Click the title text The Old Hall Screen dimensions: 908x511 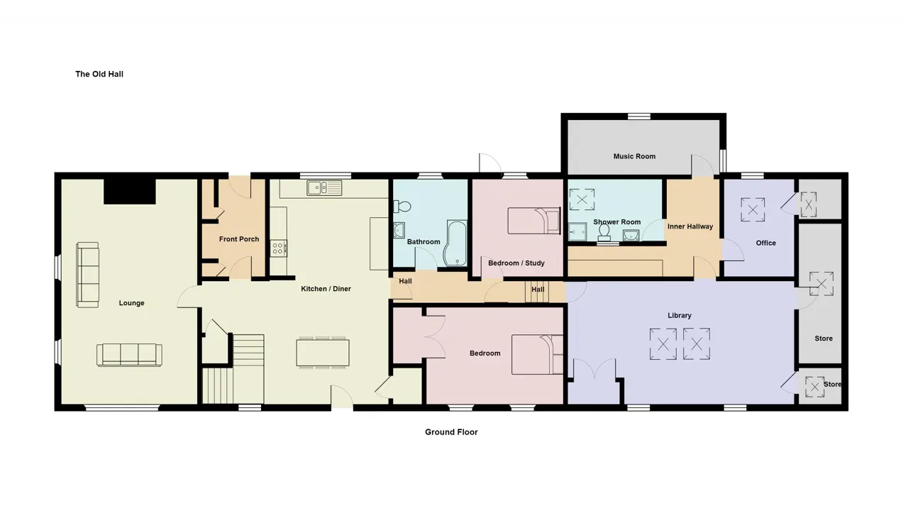pos(99,74)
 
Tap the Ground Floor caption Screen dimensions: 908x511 pos(451,432)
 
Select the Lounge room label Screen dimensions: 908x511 pos(131,303)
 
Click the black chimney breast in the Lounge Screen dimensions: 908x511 pos(130,191)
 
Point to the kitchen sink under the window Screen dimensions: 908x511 pos(324,188)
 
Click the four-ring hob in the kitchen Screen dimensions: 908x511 pos(279,248)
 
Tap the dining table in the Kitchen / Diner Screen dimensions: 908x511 pos(323,353)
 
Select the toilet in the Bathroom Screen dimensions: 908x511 pos(402,207)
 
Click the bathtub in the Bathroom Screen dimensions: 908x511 pos(455,243)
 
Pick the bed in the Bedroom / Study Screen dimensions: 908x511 pos(534,221)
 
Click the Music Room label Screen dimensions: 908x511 pos(634,156)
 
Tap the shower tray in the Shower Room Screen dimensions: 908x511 pos(577,231)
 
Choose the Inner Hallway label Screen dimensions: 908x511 pos(690,226)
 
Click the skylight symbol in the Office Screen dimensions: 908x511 pos(753,209)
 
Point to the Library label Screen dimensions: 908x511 pos(680,315)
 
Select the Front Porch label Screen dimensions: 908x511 pos(239,239)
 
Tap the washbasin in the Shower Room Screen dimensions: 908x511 pos(631,235)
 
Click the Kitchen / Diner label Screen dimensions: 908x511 pos(326,289)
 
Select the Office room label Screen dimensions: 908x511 pos(765,243)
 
